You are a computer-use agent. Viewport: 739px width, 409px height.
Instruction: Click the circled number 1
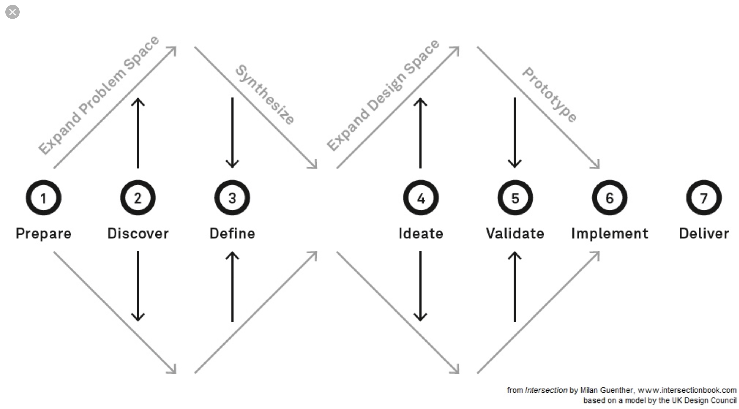(43, 198)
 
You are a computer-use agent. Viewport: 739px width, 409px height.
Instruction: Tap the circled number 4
(421, 198)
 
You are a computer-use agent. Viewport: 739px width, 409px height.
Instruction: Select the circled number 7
(703, 198)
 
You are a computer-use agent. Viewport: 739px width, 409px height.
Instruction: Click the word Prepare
(43, 234)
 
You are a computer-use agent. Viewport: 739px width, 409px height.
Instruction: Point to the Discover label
(138, 234)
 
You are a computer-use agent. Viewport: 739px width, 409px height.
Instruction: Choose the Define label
(232, 234)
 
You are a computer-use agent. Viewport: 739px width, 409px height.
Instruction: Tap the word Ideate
(421, 234)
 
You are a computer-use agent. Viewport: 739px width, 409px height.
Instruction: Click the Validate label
(515, 234)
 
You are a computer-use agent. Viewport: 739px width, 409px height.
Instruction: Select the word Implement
(610, 234)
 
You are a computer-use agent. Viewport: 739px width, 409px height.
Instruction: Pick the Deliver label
(704, 234)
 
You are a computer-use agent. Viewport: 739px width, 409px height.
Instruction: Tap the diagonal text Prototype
(549, 95)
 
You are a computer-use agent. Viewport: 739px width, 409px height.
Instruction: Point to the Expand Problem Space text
(99, 95)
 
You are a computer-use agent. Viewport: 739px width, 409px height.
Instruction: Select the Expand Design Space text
(383, 95)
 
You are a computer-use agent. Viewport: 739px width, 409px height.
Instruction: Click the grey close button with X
(13, 12)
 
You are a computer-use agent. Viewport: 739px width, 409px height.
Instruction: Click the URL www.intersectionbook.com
(687, 390)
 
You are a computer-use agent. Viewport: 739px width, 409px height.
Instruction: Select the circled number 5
(515, 198)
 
